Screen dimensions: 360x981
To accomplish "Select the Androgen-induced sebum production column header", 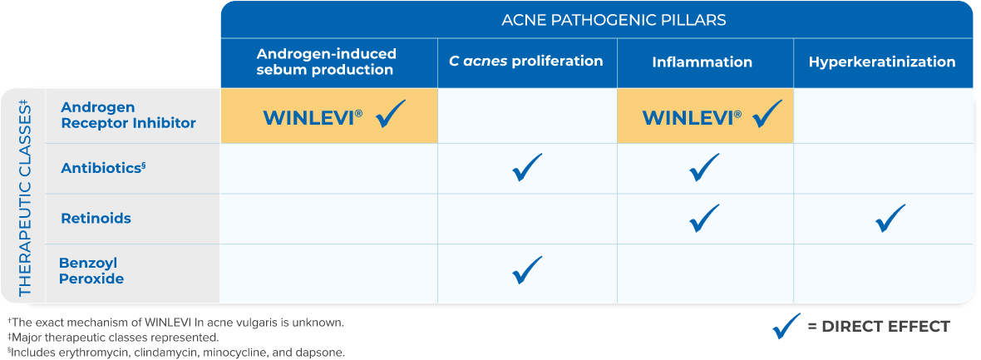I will pyautogui.click(x=327, y=62).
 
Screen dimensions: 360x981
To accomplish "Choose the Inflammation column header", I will pyautogui.click(x=702, y=62).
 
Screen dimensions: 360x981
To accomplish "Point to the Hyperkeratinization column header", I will pyautogui.click(x=882, y=62).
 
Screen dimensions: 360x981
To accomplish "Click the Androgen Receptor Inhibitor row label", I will pyautogui.click(x=128, y=116).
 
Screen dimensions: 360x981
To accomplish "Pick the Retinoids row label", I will pyautogui.click(x=96, y=219).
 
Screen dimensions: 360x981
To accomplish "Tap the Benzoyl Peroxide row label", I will pyautogui.click(x=91, y=271).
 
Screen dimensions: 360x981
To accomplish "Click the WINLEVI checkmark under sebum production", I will pyautogui.click(x=391, y=115).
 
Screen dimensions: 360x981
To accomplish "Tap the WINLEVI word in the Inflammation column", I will pyautogui.click(x=687, y=117).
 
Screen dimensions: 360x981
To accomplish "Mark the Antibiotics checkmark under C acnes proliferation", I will pyautogui.click(x=527, y=167).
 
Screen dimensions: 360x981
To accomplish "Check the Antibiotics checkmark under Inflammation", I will pyautogui.click(x=704, y=167).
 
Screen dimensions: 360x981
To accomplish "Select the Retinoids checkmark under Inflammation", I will pyautogui.click(x=704, y=218).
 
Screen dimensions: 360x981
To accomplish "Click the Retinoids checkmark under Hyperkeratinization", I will pyautogui.click(x=890, y=218).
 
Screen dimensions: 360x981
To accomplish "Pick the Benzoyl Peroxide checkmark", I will pyautogui.click(x=527, y=269).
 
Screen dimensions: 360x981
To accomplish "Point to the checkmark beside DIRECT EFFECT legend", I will pyautogui.click(x=786, y=326).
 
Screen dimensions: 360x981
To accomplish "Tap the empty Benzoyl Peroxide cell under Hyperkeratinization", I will pyautogui.click(x=883, y=273).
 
